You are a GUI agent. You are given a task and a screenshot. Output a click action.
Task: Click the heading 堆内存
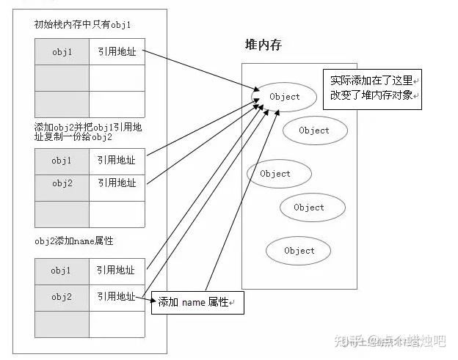click(x=263, y=45)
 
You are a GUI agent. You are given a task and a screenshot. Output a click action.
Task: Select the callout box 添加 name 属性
click(x=196, y=302)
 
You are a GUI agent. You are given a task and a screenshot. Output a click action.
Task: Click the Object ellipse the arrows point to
click(x=284, y=97)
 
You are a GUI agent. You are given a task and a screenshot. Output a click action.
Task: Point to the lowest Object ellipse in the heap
click(x=299, y=251)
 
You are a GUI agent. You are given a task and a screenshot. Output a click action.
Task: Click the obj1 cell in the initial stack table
click(x=62, y=53)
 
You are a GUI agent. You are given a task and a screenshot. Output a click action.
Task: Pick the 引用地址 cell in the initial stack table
click(x=116, y=53)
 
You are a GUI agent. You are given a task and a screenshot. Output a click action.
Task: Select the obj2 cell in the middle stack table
click(x=62, y=182)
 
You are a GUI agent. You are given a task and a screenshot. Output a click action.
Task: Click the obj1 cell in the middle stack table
click(x=62, y=160)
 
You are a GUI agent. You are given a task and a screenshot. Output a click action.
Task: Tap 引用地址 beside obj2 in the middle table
click(x=116, y=182)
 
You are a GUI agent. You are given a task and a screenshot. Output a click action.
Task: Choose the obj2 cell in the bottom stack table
click(x=62, y=296)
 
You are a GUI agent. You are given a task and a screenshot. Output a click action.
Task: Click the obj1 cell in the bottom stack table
click(x=62, y=271)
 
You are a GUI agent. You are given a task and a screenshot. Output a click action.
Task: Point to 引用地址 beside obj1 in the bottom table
click(x=116, y=271)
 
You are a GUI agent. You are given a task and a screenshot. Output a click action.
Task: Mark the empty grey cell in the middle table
click(x=62, y=213)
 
